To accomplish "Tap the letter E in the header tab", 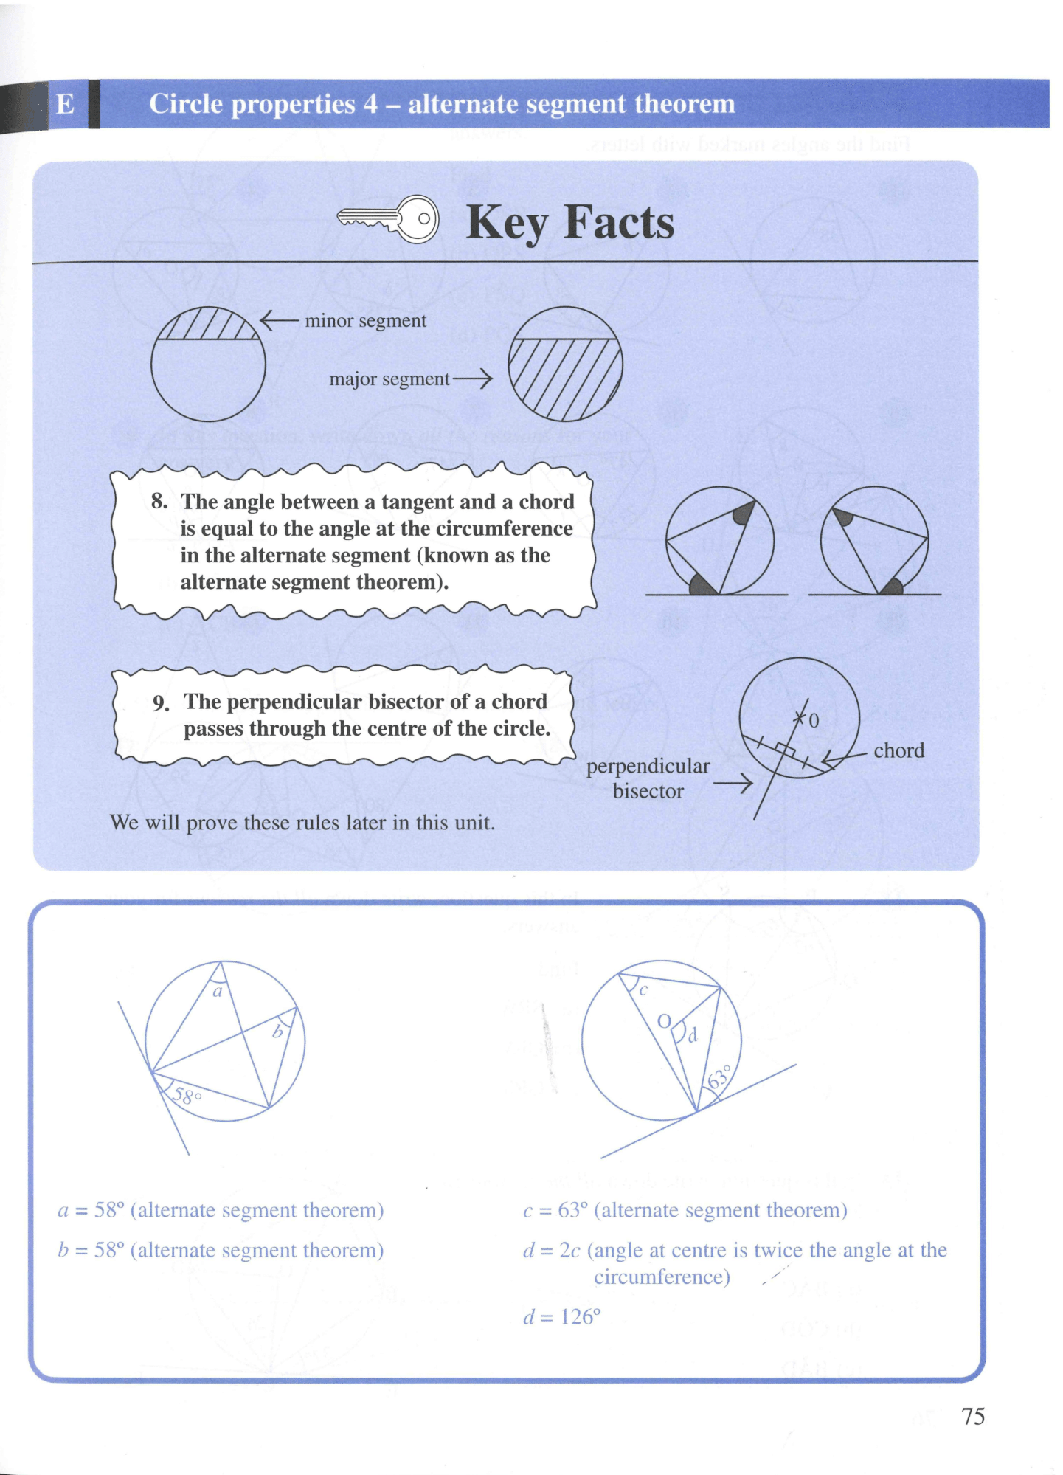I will point(65,104).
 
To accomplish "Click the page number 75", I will point(973,1416).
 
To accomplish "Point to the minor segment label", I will point(365,321).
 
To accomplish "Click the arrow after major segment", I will point(472,379).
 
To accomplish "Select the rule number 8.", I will point(159,501).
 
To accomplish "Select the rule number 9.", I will point(162,702).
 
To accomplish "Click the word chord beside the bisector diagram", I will point(898,750).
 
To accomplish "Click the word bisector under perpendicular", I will point(648,791).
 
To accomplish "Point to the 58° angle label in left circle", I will point(187,1096).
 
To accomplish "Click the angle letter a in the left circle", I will point(218,992).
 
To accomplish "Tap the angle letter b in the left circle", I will point(277,1032).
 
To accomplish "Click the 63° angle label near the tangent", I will point(719,1077).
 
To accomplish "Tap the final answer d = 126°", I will point(561,1317).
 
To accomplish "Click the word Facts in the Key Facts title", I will point(619,222).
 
